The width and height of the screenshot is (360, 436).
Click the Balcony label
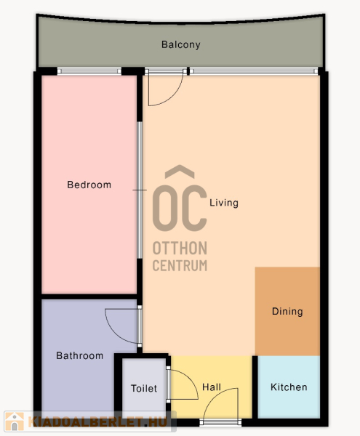coord(181,44)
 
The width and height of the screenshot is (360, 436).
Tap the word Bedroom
coord(89,185)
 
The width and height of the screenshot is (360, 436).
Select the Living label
coord(224,203)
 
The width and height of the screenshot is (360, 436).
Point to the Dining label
coord(287,312)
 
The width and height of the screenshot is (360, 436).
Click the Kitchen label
coord(289,387)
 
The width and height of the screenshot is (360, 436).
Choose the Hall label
coord(212,387)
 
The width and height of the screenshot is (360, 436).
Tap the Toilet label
coord(144,389)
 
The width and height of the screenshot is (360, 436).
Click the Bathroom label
coord(79,355)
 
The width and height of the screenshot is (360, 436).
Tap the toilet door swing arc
coord(192,380)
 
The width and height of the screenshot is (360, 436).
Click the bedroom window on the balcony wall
coord(89,71)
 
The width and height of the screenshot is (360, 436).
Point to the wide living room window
coord(254,71)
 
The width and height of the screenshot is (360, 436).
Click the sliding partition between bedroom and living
coord(140,190)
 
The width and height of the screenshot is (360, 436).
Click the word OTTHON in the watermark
coord(180,248)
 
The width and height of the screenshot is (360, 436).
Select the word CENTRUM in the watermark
coord(180,265)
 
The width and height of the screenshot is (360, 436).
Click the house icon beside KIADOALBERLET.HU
coord(15,421)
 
